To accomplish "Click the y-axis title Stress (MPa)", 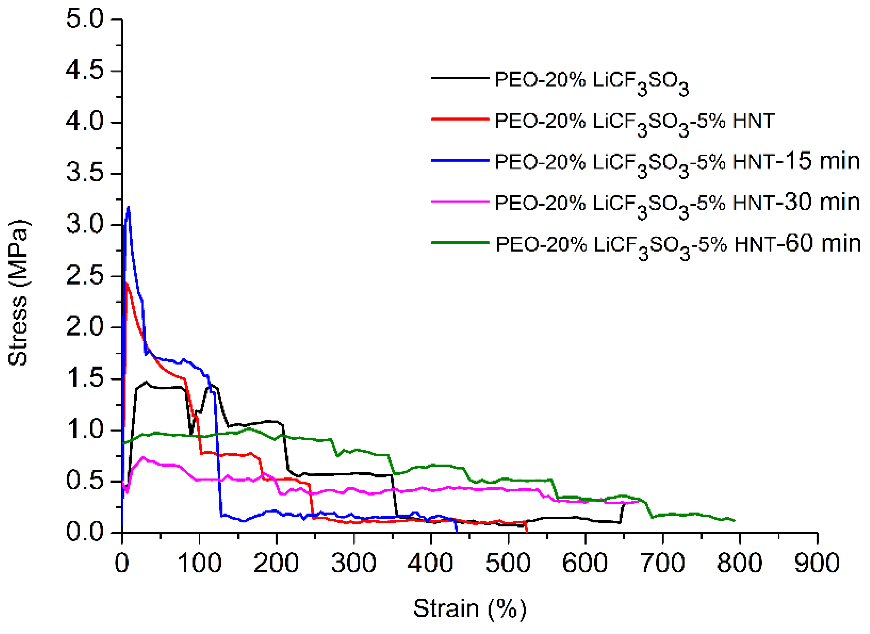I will pyautogui.click(x=18, y=293).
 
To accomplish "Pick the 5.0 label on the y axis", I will pyautogui.click(x=85, y=19).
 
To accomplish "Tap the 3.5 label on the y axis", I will pyautogui.click(x=85, y=173).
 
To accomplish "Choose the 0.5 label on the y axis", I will pyautogui.click(x=85, y=481).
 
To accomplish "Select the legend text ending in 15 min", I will pyautogui.click(x=677, y=162).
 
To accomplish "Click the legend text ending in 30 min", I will pyautogui.click(x=677, y=203).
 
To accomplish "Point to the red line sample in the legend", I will pyautogui.click(x=460, y=119).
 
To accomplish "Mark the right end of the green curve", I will pyautogui.click(x=734, y=521).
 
